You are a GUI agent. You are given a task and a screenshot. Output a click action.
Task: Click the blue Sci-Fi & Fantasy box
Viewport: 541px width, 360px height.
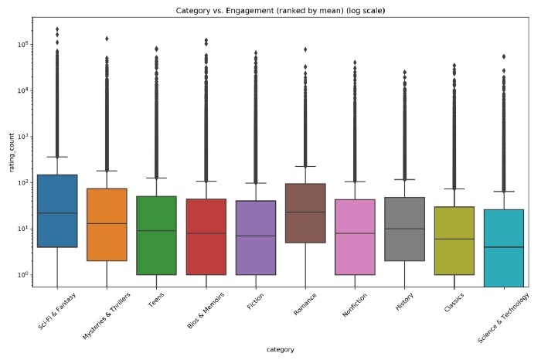(x=57, y=211)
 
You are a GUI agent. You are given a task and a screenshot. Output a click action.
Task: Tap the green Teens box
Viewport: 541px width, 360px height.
(x=156, y=236)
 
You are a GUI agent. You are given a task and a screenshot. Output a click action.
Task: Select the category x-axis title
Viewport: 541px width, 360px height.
(x=279, y=350)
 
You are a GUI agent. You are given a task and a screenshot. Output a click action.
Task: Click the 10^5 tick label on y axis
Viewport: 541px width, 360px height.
(x=21, y=44)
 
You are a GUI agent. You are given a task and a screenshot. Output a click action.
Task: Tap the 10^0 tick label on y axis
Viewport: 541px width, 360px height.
(x=21, y=275)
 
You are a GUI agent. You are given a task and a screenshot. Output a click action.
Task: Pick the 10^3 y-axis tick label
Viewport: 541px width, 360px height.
(x=21, y=137)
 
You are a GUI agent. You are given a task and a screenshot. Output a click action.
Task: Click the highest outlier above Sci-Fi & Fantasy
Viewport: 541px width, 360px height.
(x=57, y=29)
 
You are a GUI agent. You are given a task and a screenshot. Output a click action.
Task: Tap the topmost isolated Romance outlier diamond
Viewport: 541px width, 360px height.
(x=305, y=49)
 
